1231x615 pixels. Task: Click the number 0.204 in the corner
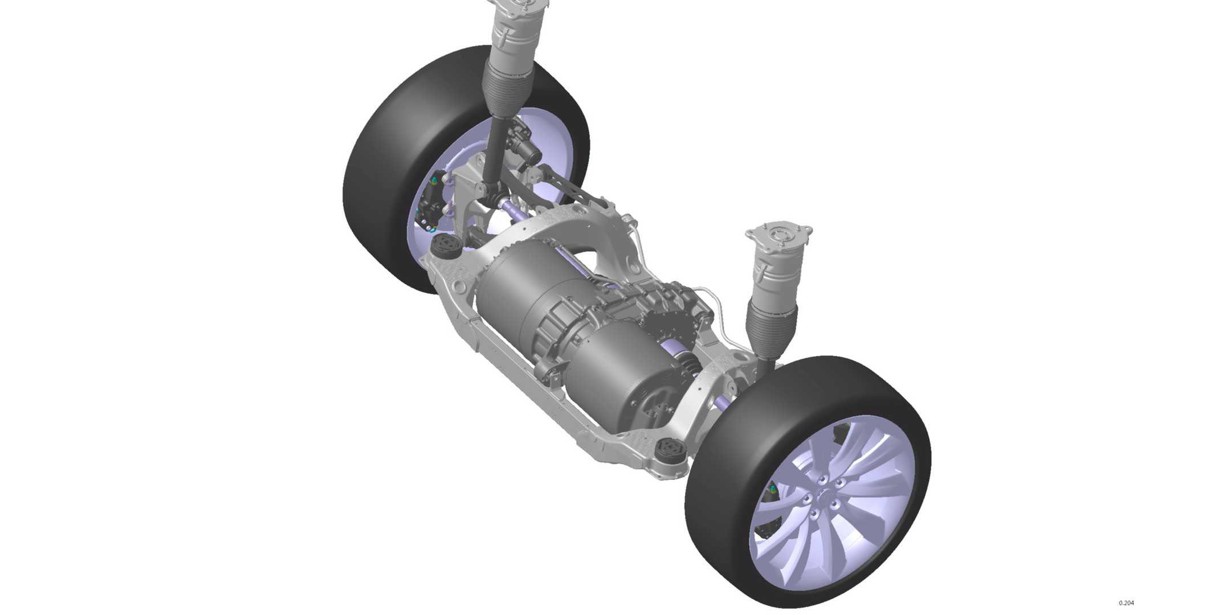pyautogui.click(x=1126, y=603)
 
